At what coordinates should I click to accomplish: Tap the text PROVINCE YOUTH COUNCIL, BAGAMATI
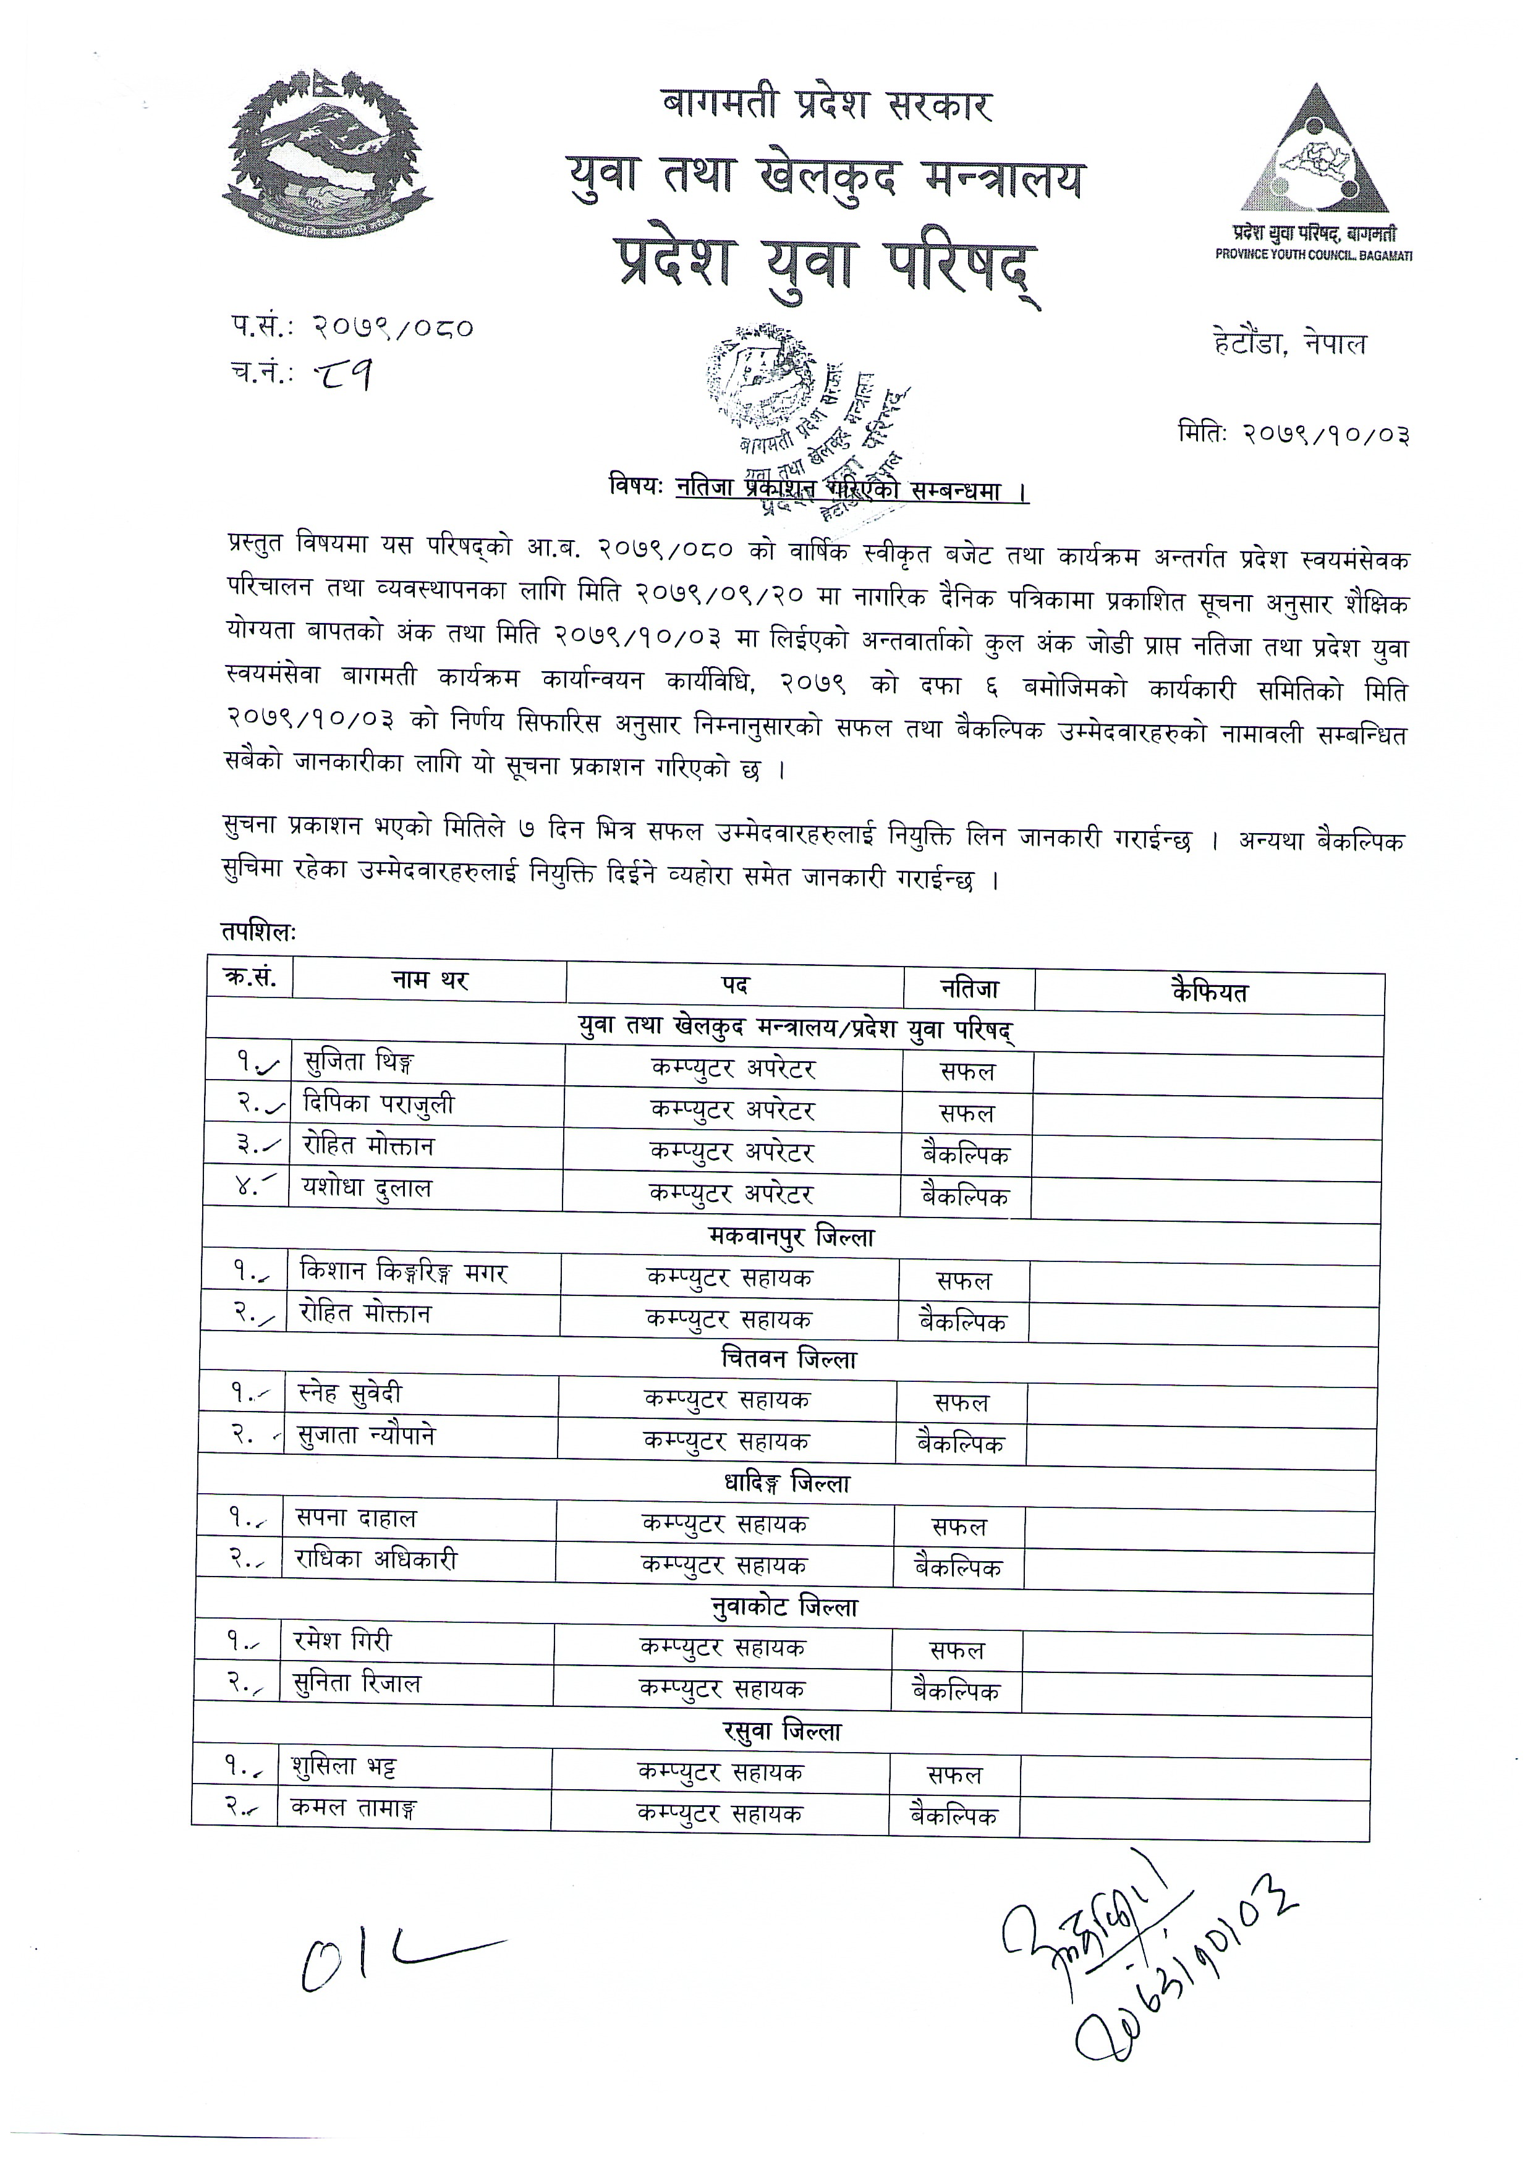pyautogui.click(x=1313, y=256)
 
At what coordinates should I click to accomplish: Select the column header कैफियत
pyautogui.click(x=1209, y=991)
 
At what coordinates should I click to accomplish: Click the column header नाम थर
pyautogui.click(x=430, y=981)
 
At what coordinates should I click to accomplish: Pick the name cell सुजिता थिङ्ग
pyautogui.click(x=359, y=1063)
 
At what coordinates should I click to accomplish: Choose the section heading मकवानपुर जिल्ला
pyautogui.click(x=791, y=1236)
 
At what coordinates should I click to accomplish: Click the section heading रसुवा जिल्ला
pyautogui.click(x=782, y=1732)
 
